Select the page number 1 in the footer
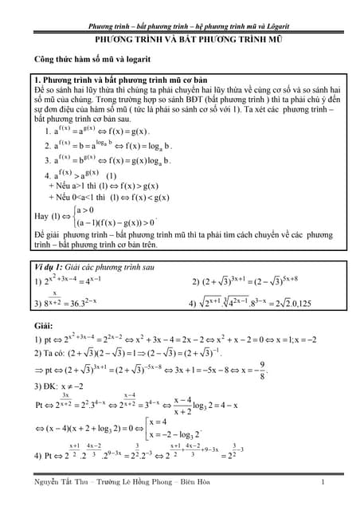(323, 483)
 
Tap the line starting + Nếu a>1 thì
(100, 184)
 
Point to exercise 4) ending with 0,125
(255, 303)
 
